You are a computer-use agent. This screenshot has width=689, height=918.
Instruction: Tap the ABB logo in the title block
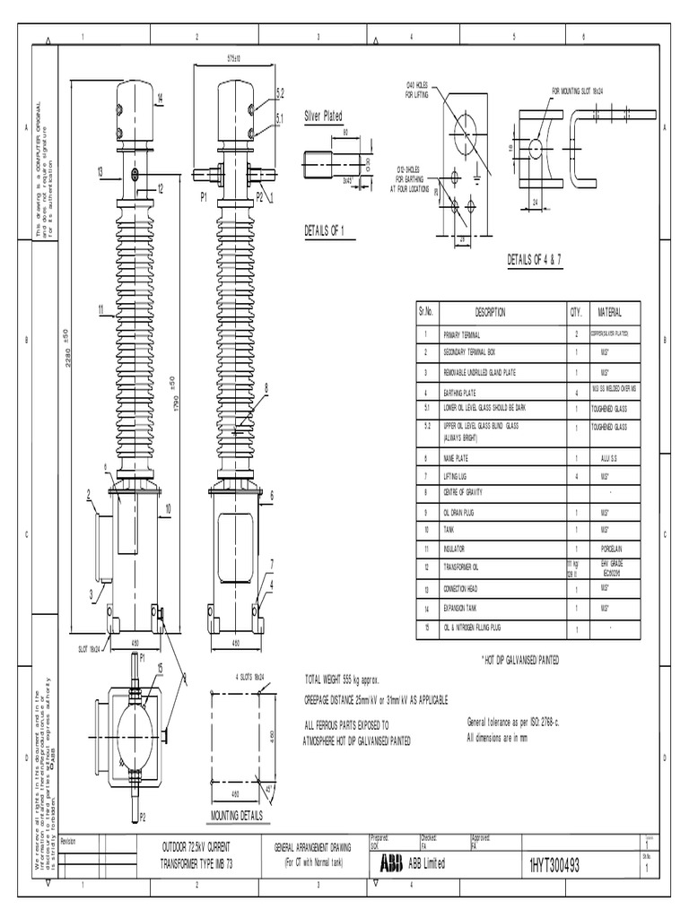point(391,862)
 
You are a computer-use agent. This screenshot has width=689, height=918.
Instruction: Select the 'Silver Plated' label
point(323,116)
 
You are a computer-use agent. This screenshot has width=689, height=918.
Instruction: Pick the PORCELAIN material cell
point(604,547)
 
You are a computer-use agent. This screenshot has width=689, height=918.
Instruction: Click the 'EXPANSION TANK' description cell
point(464,609)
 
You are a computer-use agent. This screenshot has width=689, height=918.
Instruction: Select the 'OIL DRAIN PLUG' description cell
point(463,512)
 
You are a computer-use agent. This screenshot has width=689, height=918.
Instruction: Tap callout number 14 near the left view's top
point(160,97)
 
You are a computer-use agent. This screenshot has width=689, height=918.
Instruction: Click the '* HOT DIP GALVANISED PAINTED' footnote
point(521,660)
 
